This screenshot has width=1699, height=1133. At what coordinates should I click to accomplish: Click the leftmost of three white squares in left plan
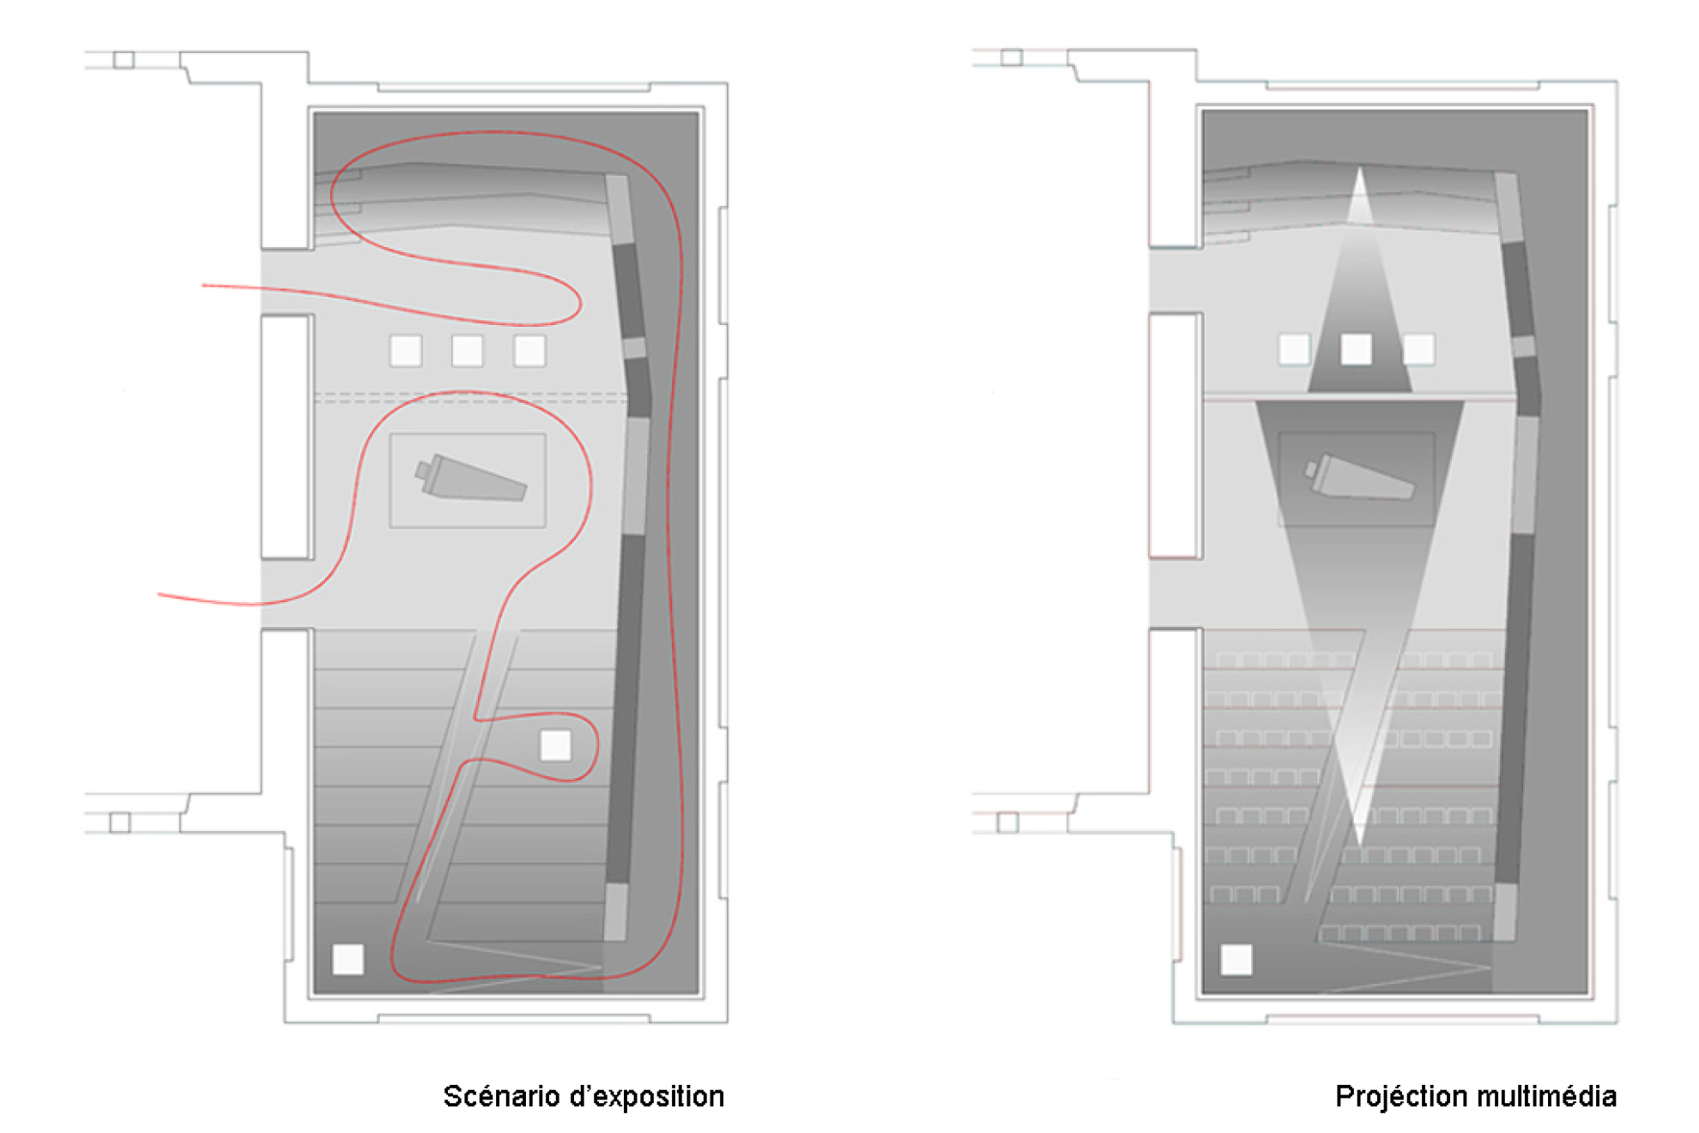coord(406,351)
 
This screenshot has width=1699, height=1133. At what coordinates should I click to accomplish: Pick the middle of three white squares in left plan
coord(468,351)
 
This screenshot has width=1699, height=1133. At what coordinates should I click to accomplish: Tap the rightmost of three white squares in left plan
coord(529,351)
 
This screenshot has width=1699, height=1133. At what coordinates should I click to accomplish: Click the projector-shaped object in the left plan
coord(470,478)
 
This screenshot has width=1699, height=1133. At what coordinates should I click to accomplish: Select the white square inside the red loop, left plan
coord(555,745)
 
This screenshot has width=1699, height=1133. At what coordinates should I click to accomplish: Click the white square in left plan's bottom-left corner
coord(348,959)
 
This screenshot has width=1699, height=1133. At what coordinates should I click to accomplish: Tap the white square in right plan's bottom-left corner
coord(1236,960)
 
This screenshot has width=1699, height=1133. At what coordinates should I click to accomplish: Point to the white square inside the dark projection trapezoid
coord(1357,349)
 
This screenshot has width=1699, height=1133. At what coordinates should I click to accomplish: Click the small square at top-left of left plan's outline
coord(124,60)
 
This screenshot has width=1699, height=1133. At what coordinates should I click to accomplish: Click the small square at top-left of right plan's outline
coord(1013,57)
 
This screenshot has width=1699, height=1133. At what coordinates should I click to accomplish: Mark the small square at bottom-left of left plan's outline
coord(120,823)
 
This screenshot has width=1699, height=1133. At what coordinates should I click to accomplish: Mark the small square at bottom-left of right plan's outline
coord(1008,823)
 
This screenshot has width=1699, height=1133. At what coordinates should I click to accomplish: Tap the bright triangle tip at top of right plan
coord(1360,168)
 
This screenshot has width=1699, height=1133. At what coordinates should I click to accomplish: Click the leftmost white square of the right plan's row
coord(1295,349)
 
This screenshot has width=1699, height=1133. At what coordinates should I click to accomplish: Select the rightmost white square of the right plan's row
coord(1418,349)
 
